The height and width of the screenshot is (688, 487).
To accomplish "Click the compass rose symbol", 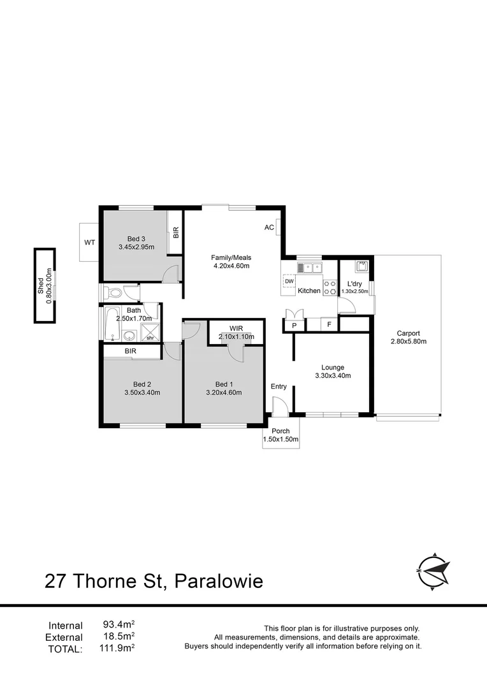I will pos(434,568).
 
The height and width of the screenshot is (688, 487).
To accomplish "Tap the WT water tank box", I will pos(89,242).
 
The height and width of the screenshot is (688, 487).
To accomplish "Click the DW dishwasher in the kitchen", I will pos(289,281).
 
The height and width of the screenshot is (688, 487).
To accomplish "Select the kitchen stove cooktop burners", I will pos(330,287).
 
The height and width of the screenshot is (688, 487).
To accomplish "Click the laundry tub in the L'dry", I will pos(362,268).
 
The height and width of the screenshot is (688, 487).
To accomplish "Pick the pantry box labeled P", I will pos(294,325).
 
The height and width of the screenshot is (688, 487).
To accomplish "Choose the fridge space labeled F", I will pos(329,325).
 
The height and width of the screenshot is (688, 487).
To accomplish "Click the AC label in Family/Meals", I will pos(270,227).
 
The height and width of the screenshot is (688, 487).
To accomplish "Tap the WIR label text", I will pos(236,329).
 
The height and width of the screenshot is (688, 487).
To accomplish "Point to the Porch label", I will pos(280,431).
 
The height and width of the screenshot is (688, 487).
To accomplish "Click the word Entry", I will pos(279,387).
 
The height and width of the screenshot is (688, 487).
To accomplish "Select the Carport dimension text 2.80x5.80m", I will pos(408,341).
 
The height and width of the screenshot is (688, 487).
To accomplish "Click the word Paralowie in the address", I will pos(219,581).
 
